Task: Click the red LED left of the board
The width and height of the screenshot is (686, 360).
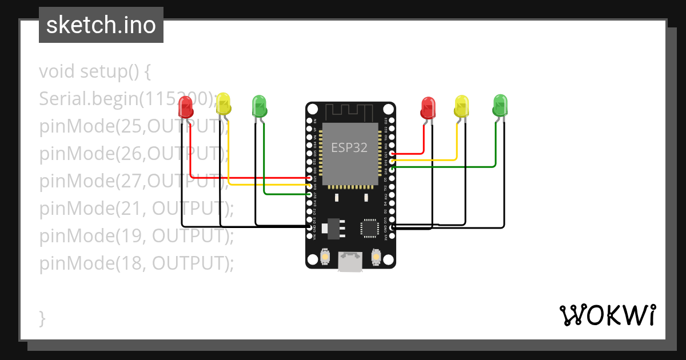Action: [186, 106]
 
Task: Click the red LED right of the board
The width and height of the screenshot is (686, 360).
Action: [428, 107]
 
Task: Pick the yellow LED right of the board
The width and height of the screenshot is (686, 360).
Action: [461, 106]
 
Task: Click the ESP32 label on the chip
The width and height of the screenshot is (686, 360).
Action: [349, 147]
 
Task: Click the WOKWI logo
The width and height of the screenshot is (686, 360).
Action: [607, 315]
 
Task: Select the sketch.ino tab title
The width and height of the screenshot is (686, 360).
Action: [101, 25]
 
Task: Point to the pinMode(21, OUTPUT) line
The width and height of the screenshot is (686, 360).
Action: [137, 209]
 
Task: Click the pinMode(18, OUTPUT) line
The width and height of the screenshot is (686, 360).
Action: [137, 263]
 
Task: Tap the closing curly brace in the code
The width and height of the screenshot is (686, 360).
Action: [42, 318]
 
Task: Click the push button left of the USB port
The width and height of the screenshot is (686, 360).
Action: [325, 257]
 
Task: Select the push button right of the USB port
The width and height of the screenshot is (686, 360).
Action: [376, 257]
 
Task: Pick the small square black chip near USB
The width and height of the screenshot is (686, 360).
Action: [369, 228]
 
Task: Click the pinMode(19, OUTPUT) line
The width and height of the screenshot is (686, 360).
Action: [137, 236]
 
